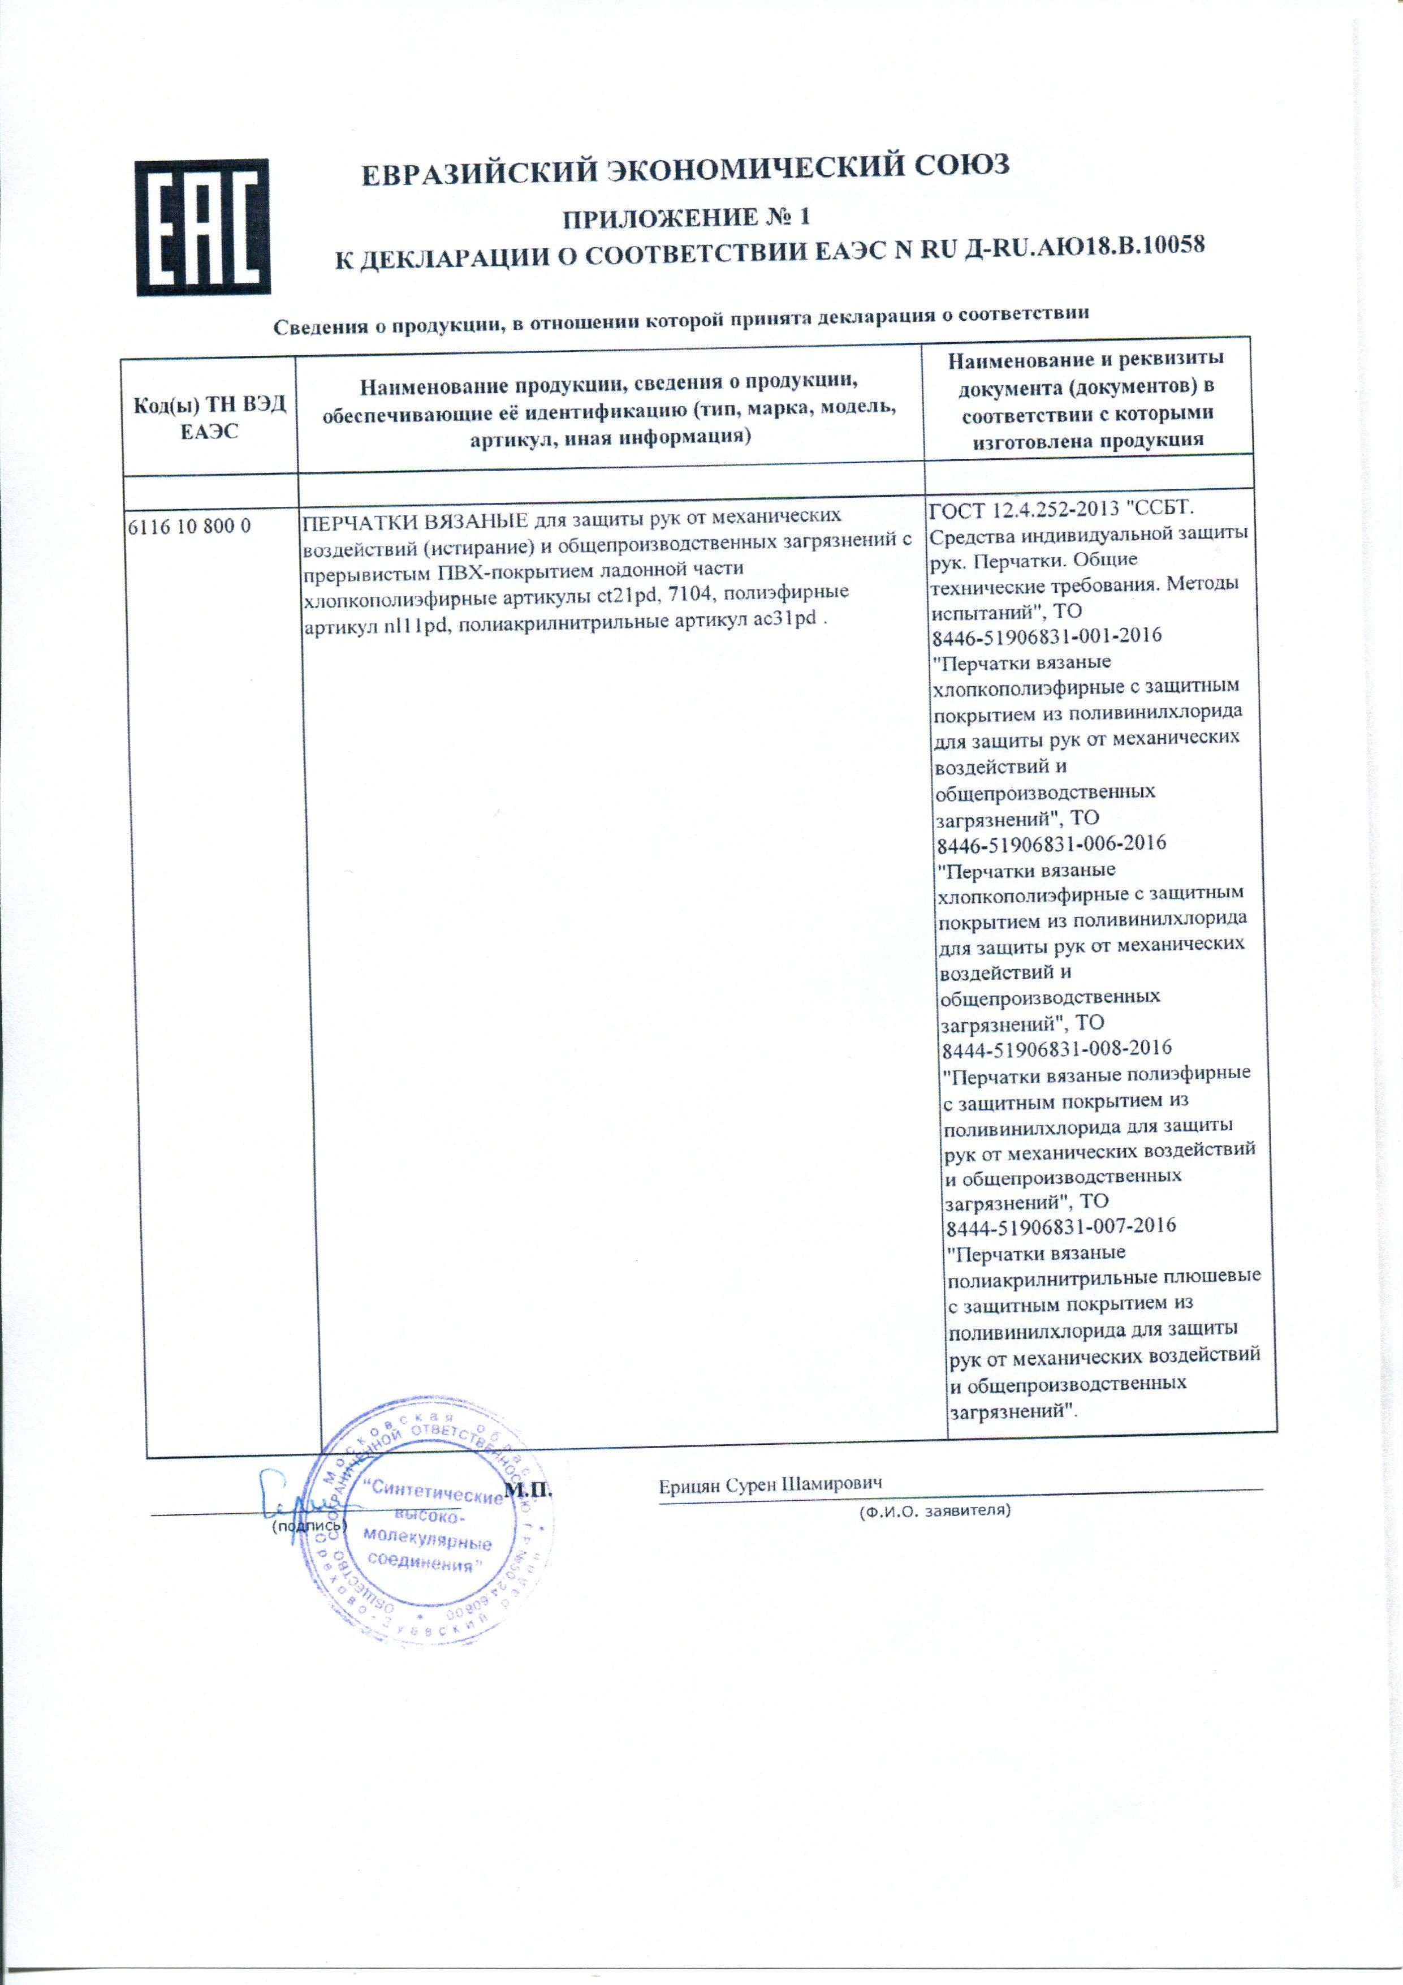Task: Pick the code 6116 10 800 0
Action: [x=189, y=525]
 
